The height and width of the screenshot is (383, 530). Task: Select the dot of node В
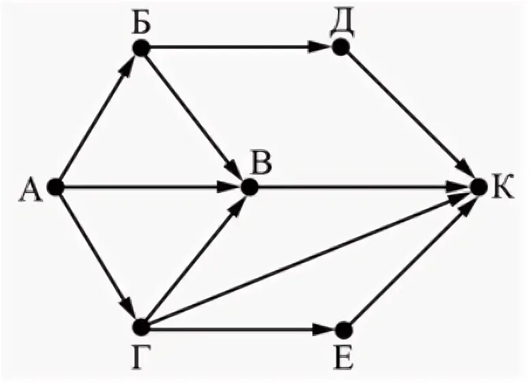pyautogui.click(x=249, y=186)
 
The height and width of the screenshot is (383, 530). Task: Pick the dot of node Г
pyautogui.click(x=141, y=328)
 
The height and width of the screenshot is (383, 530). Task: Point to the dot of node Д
pyautogui.click(x=341, y=48)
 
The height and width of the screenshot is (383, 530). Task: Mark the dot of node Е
pyautogui.click(x=343, y=328)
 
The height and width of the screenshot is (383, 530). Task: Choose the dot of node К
pyautogui.click(x=477, y=186)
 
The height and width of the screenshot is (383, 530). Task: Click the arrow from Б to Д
pyautogui.click(x=238, y=48)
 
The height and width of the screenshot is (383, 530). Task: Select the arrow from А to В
pyautogui.click(x=150, y=186)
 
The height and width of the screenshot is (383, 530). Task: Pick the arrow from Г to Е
pyautogui.click(x=238, y=328)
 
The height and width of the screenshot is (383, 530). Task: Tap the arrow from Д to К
pyautogui.click(x=409, y=117)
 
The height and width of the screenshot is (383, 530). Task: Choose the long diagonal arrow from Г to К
pyautogui.click(x=307, y=258)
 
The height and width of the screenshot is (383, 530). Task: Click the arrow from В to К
pyautogui.click(x=361, y=186)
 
